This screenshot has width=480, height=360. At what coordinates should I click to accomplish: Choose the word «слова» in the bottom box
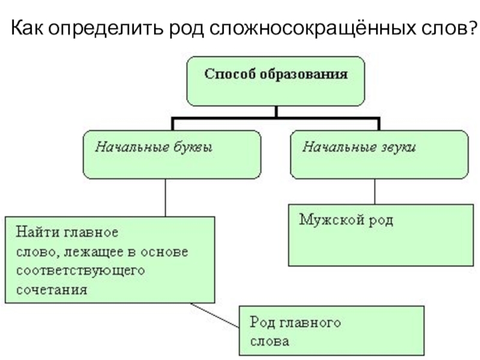(x=269, y=341)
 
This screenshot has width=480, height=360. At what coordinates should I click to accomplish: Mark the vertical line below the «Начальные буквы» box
(x=165, y=198)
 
